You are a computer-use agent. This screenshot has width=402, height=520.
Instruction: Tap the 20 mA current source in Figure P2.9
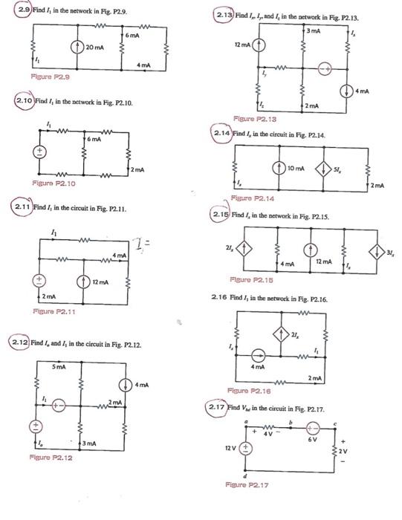[74, 47]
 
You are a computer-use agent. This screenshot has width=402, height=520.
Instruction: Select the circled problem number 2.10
[25, 100]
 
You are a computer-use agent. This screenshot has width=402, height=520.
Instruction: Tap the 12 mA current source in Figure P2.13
[259, 43]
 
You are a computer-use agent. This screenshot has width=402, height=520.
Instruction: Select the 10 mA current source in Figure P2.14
[280, 166]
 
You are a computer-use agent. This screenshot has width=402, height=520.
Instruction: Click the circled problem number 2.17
[221, 408]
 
